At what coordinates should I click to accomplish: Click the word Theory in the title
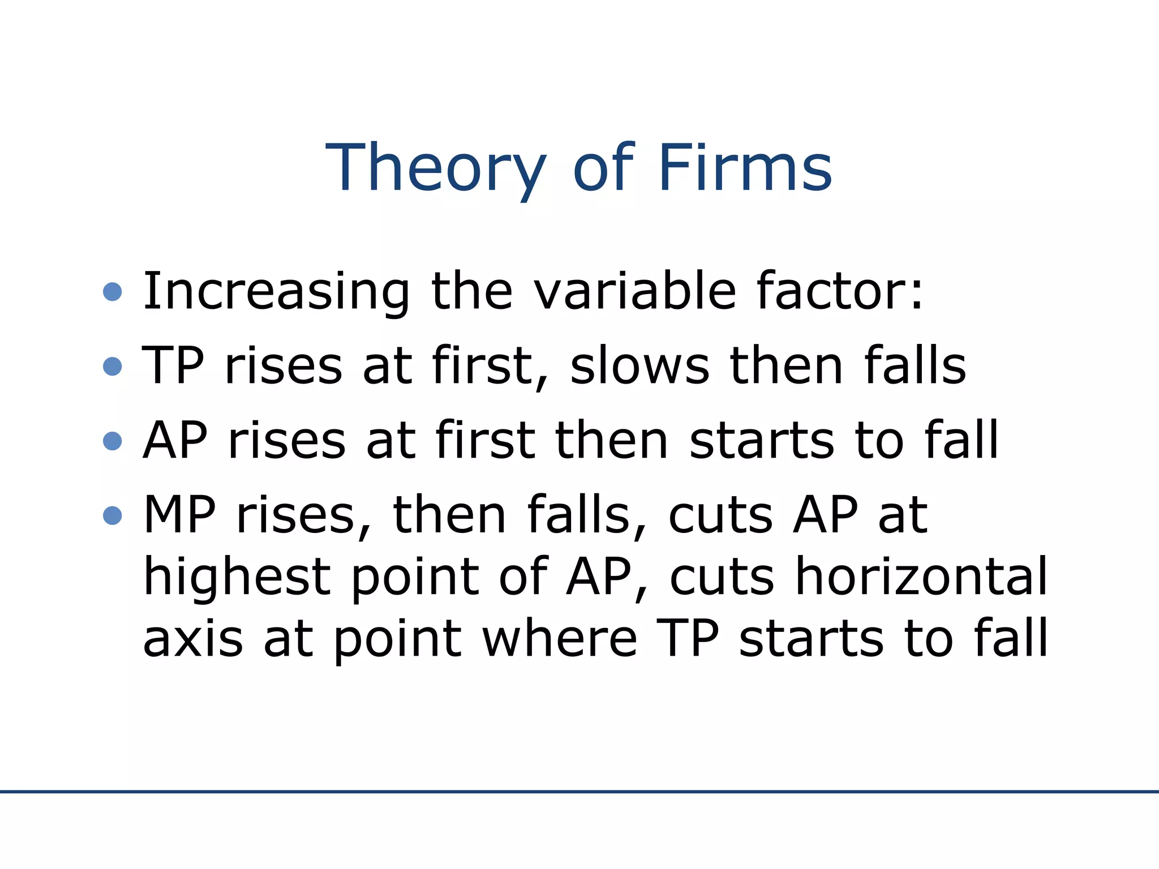coord(436,168)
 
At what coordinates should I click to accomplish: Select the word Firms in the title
coord(745,168)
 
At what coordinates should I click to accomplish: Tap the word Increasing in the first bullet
coord(276,291)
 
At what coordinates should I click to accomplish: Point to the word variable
coord(635,291)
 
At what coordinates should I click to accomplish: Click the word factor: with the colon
coord(840,291)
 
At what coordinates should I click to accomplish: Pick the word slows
coord(639,365)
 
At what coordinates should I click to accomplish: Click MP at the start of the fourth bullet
coord(179,515)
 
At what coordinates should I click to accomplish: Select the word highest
coord(237,577)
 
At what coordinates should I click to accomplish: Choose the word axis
coord(193,639)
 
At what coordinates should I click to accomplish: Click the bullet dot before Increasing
coord(113,292)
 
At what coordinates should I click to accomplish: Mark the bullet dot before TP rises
coord(113,366)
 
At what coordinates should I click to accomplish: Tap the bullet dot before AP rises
coord(113,441)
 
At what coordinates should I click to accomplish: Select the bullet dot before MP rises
coord(113,515)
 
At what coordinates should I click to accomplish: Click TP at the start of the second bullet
coord(173,365)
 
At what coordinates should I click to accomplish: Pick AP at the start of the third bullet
coord(175,440)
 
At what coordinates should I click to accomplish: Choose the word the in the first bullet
coord(472,291)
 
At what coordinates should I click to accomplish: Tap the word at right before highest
coord(903,515)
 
